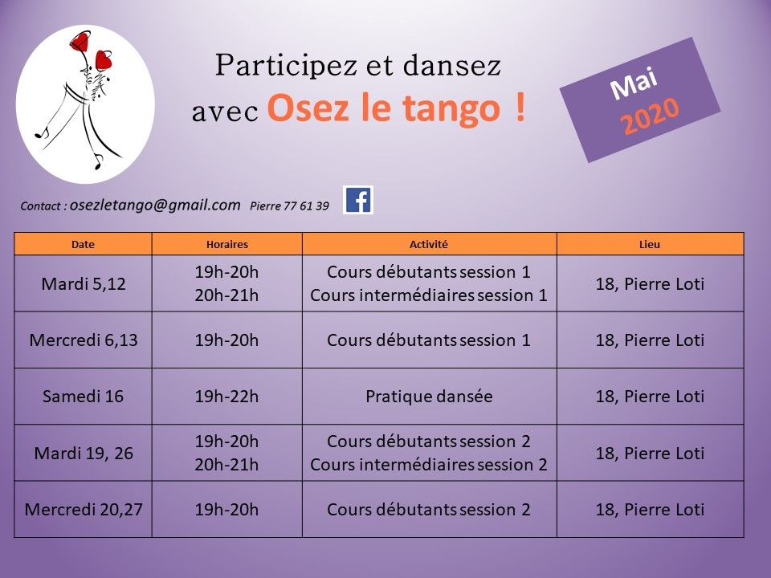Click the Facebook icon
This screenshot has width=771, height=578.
pos(358,200)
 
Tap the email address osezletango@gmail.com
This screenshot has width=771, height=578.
pos(155,205)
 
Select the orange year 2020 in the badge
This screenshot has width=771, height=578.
pos(650,116)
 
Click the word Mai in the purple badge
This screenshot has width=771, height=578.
pos(634,83)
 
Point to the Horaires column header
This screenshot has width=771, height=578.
pos(226,244)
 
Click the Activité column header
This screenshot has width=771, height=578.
pos(429,244)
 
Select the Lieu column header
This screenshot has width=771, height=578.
pos(650,244)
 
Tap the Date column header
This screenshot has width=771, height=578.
pos(83,244)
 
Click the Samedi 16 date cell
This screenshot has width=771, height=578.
pos(83,396)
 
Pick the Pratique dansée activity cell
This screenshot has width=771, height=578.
pos(429,396)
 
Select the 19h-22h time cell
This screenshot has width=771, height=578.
pos(226,396)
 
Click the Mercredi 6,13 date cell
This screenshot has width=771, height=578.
pos(83,340)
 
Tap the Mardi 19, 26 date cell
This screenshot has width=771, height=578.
pos(83,453)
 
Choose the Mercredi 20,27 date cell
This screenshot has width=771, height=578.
pos(83,510)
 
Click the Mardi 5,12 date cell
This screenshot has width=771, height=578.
pos(83,283)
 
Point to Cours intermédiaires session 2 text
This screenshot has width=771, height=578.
pos(429,465)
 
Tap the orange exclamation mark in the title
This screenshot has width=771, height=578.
pos(520,108)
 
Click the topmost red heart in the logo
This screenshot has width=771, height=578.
pos(80,41)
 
